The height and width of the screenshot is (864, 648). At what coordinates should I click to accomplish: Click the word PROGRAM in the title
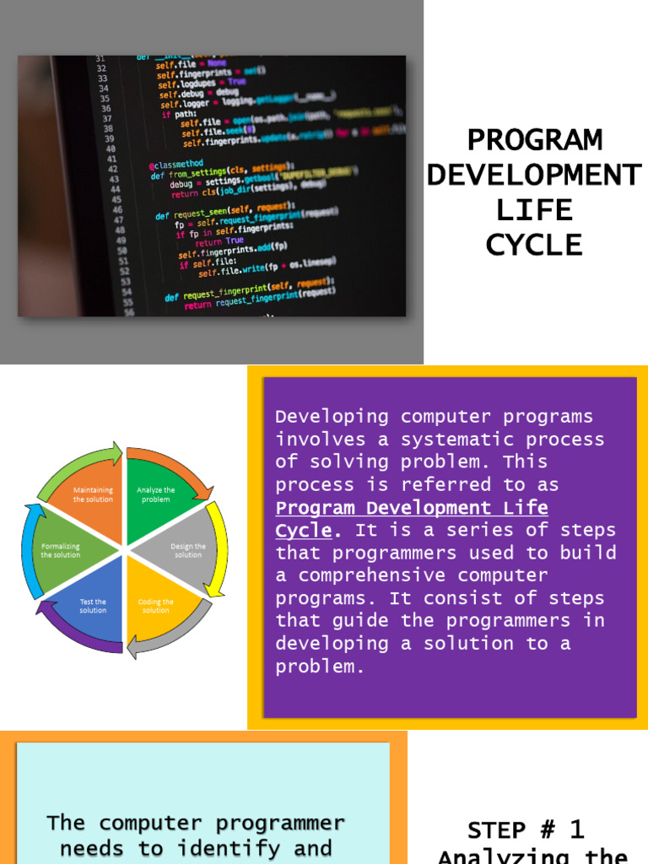tap(535, 140)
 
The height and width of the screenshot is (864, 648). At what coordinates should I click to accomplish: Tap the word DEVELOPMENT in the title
tap(535, 175)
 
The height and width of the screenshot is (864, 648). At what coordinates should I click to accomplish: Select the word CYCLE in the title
tap(535, 245)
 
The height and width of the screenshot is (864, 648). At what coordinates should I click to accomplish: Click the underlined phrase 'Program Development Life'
tap(412, 508)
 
